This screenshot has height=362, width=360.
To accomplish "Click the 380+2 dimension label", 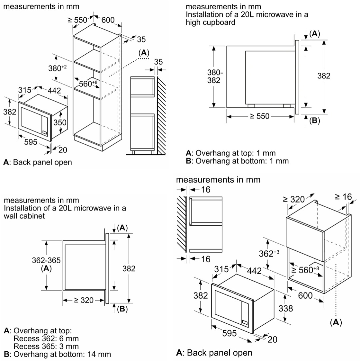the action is click(x=57, y=68).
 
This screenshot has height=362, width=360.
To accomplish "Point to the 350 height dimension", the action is click(x=60, y=122).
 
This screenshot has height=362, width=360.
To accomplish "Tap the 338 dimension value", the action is click(x=286, y=308).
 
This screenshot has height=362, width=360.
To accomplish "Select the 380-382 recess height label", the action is click(x=214, y=76).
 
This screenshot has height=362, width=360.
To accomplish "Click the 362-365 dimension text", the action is click(x=46, y=260).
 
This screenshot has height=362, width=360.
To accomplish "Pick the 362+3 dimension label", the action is click(x=269, y=254).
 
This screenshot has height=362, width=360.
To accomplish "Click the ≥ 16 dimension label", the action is click(x=343, y=197).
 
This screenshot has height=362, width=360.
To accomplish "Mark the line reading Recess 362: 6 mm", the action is click(x=46, y=338).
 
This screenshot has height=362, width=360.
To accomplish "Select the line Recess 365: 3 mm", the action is click(x=46, y=346).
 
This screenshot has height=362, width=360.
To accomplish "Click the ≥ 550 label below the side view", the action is click(x=260, y=116).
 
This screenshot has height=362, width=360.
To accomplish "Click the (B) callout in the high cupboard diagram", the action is click(x=315, y=120).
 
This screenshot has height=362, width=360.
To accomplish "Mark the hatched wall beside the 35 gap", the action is click(x=161, y=115).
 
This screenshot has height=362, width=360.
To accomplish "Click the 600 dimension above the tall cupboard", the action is click(x=108, y=20).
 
